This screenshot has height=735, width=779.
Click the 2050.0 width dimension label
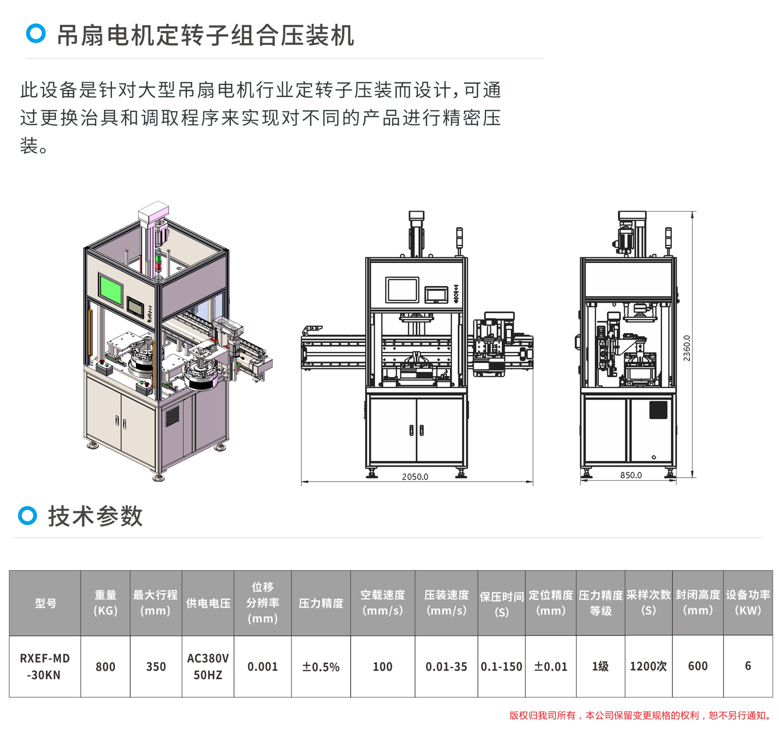pos(415,477)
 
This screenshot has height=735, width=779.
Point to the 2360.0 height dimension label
pos(686,348)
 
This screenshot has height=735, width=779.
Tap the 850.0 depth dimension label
pos(631,475)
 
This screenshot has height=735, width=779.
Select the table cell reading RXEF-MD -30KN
pos(45,666)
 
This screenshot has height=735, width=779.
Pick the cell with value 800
pos(105,666)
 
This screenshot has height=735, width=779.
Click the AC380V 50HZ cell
pos(208,666)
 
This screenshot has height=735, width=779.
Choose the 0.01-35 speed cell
pos(446,666)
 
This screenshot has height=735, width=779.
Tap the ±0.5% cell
pos(321,666)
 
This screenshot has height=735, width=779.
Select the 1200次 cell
pos(648,666)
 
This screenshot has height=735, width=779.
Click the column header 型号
pos(45,603)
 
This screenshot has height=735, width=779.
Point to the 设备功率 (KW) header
pos(748,603)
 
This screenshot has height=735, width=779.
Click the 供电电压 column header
pos(208,603)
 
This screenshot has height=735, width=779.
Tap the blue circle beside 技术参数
pos(27,516)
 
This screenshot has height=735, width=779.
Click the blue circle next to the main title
pos(36,34)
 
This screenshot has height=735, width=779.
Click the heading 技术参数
pos(95,516)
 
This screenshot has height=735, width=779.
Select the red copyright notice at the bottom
pos(640,716)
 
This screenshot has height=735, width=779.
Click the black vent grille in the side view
pos(658,410)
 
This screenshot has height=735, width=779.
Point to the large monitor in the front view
pos(402,290)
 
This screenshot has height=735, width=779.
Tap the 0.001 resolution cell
pos(262,666)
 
